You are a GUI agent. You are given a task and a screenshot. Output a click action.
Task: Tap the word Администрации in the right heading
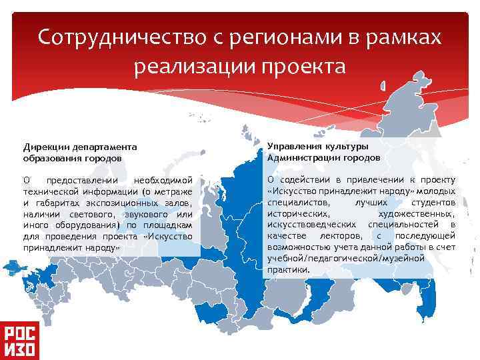tap(303, 158)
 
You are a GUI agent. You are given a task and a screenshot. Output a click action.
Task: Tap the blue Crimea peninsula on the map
tap(14, 269)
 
